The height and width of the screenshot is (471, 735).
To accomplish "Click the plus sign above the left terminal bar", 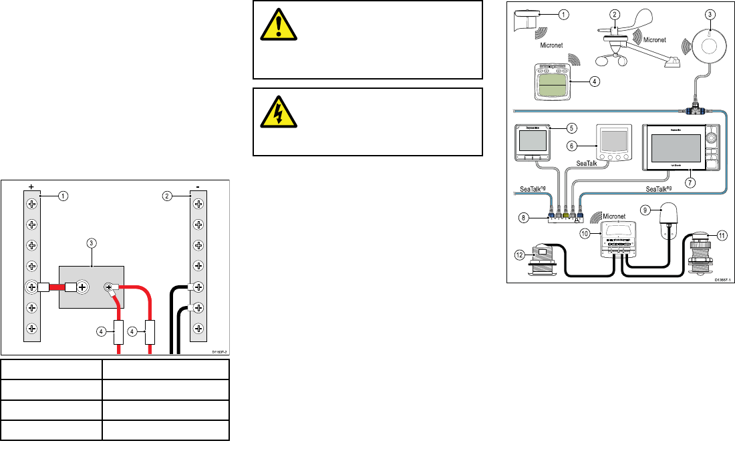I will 31,186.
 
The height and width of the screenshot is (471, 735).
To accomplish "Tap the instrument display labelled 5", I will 533,142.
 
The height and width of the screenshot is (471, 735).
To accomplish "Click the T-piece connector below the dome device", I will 696,107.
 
